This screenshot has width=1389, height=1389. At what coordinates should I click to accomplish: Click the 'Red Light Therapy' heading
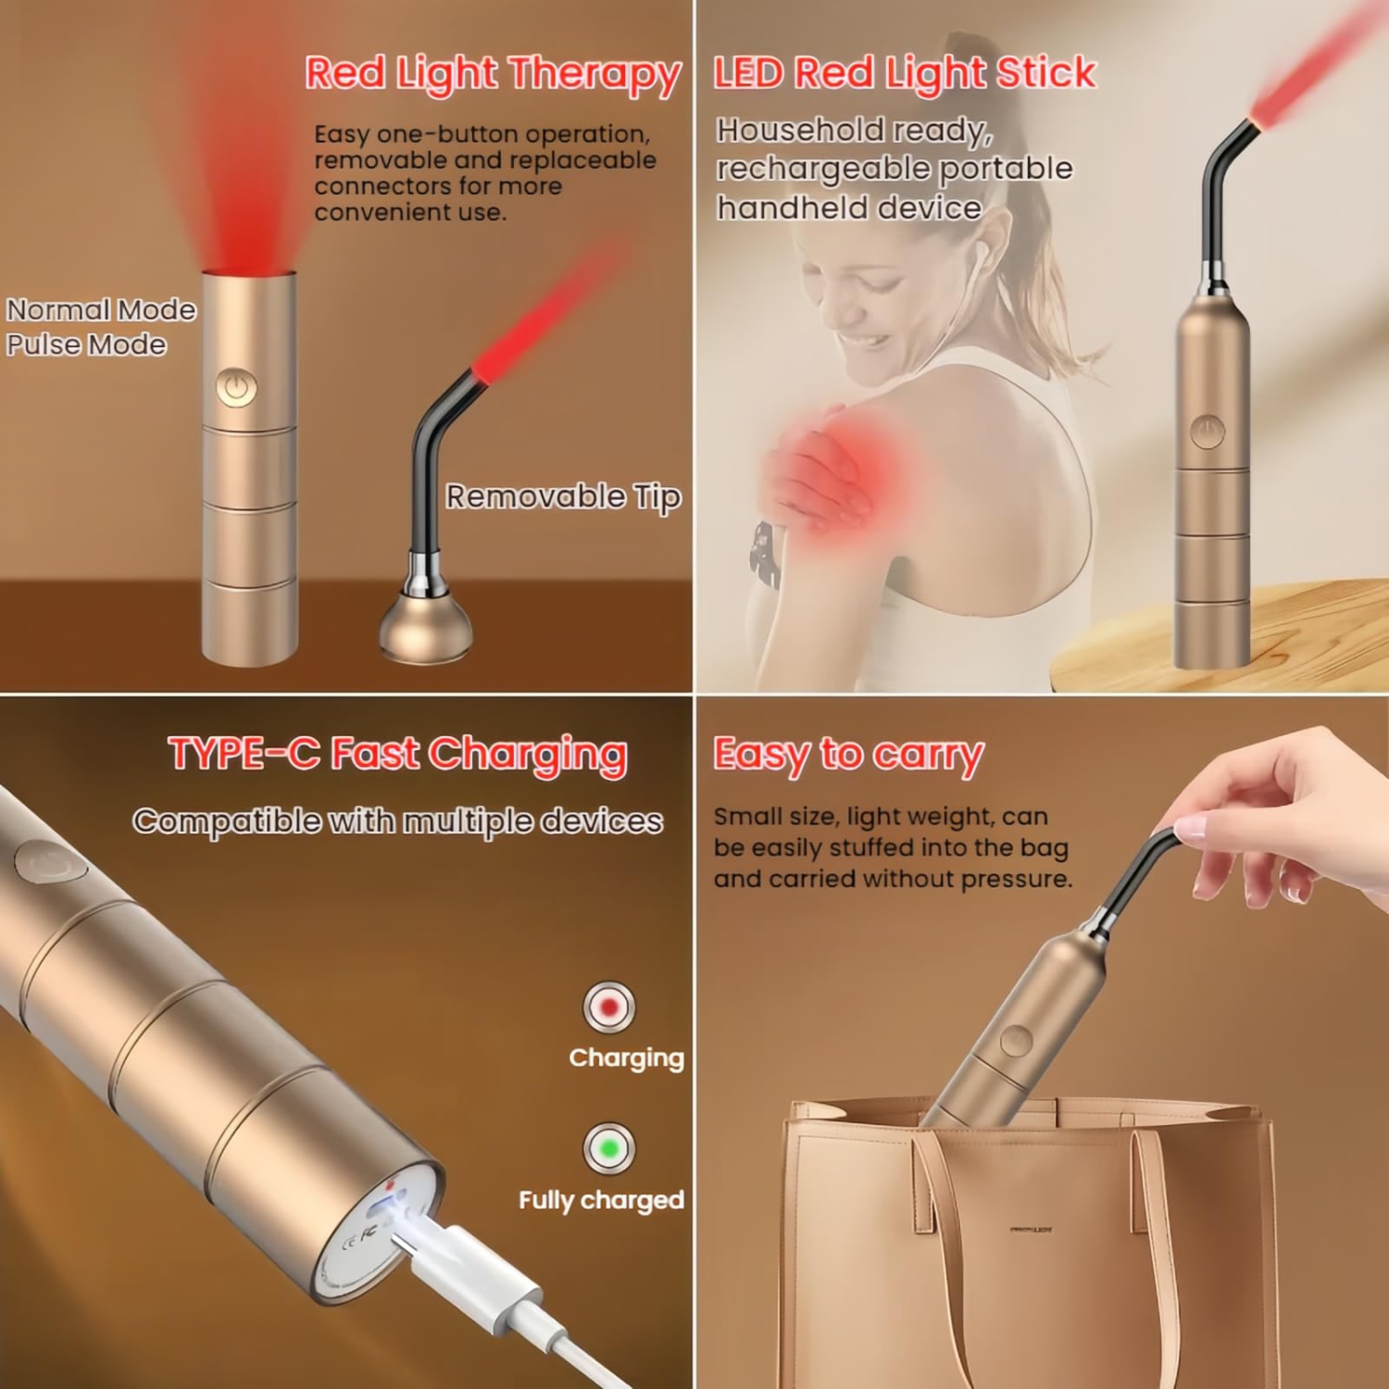pyautogui.click(x=493, y=74)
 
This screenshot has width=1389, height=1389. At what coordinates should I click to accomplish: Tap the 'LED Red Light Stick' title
pyautogui.click(x=904, y=73)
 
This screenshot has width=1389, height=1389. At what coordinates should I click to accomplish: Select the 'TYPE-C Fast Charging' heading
pyautogui.click(x=397, y=754)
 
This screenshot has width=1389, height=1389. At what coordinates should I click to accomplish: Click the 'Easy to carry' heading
pyautogui.click(x=847, y=755)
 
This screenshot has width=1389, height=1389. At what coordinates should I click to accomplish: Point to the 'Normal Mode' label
pyautogui.click(x=101, y=309)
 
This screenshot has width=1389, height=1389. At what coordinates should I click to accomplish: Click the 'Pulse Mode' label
pyautogui.click(x=86, y=344)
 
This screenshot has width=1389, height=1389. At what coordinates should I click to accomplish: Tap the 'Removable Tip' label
pyautogui.click(x=563, y=497)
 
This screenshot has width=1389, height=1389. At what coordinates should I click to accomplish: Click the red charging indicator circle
pyautogui.click(x=608, y=1007)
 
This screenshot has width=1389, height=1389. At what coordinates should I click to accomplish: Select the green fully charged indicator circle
pyautogui.click(x=608, y=1148)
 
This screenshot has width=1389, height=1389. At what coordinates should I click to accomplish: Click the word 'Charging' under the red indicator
pyautogui.click(x=626, y=1057)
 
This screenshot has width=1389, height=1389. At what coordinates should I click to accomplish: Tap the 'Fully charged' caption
pyautogui.click(x=601, y=1200)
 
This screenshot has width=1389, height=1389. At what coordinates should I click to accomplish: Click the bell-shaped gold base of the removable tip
pyautogui.click(x=426, y=630)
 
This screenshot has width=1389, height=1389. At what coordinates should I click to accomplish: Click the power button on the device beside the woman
pyautogui.click(x=1208, y=432)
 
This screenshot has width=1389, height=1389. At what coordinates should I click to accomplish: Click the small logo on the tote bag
pyautogui.click(x=1030, y=1230)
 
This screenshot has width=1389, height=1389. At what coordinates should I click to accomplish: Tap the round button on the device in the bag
pyautogui.click(x=1016, y=1041)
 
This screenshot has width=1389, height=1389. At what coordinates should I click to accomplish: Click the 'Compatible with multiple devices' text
pyautogui.click(x=397, y=821)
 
